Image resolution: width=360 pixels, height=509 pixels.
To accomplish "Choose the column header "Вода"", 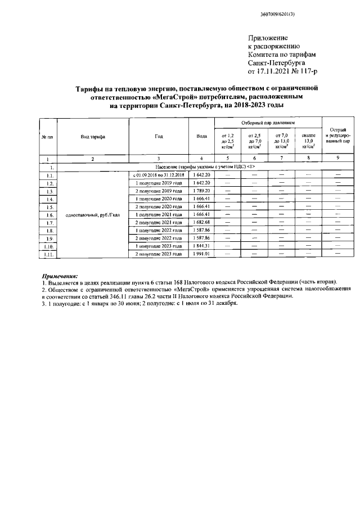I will (201, 137).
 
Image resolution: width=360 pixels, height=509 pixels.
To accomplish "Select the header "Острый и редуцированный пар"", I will (337, 136).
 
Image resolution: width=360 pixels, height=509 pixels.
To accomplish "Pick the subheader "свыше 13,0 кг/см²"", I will (308, 141).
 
